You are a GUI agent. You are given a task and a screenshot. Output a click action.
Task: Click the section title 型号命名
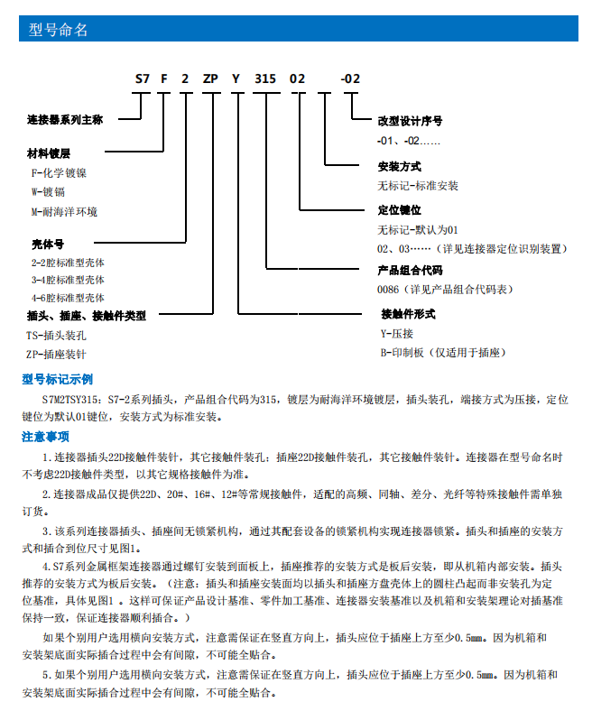(59, 30)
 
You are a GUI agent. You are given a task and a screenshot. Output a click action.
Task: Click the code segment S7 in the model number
(142, 78)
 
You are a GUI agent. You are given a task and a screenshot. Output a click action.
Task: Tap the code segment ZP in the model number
(209, 78)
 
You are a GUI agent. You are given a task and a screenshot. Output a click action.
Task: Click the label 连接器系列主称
(65, 119)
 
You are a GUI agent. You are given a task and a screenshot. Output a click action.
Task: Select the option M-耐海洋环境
(64, 211)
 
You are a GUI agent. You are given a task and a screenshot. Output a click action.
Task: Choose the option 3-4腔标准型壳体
(68, 280)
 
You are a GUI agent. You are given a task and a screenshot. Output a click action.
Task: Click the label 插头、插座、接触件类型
(87, 316)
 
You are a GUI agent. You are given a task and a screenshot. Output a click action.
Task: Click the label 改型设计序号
(410, 121)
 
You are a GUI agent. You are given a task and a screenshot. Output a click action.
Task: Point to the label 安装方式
(399, 167)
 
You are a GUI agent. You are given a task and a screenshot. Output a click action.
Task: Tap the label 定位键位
(399, 210)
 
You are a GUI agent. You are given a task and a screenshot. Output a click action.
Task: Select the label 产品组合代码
(410, 270)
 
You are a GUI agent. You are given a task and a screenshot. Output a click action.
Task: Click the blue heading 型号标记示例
(57, 379)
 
